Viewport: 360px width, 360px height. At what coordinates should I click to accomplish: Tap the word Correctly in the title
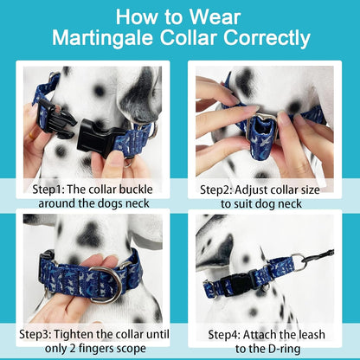click(263, 38)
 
